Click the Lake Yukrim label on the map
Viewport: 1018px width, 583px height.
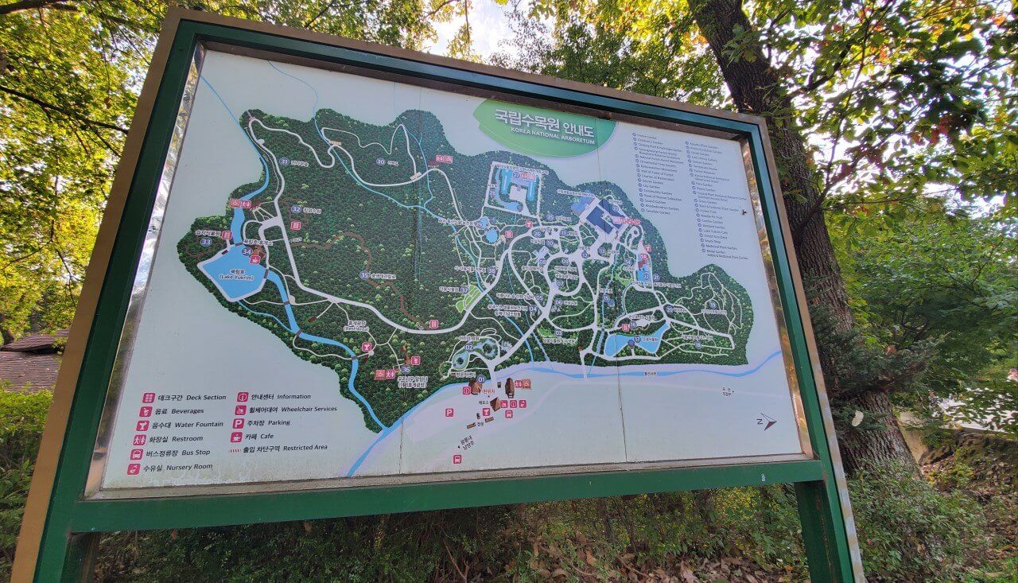(x=230, y=276)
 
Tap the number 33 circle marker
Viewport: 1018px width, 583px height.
(x=206, y=241)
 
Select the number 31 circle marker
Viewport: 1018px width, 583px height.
(x=284, y=161)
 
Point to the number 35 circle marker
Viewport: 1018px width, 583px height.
(x=364, y=275)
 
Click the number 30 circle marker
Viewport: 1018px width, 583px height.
(x=381, y=161)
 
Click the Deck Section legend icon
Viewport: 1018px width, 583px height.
(x=148, y=398)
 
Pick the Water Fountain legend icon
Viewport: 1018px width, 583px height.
(x=142, y=425)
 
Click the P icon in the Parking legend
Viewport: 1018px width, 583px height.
(x=238, y=423)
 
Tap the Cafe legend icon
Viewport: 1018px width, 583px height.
(x=236, y=437)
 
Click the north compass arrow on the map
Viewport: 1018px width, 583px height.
(x=766, y=422)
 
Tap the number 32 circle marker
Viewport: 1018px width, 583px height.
(x=296, y=209)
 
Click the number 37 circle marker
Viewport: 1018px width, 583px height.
(x=464, y=290)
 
